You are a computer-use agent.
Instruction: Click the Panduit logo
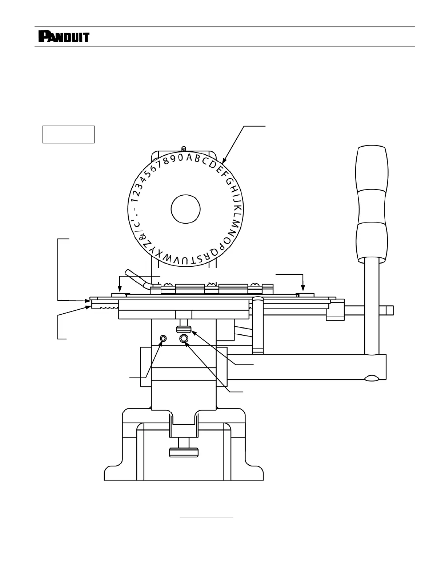coord(64,37)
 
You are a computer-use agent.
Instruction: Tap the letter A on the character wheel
coord(189,158)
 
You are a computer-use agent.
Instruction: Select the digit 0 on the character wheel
coord(180,158)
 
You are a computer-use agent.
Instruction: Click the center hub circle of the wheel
coord(185,209)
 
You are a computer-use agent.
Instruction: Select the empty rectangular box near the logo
coord(68,134)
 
